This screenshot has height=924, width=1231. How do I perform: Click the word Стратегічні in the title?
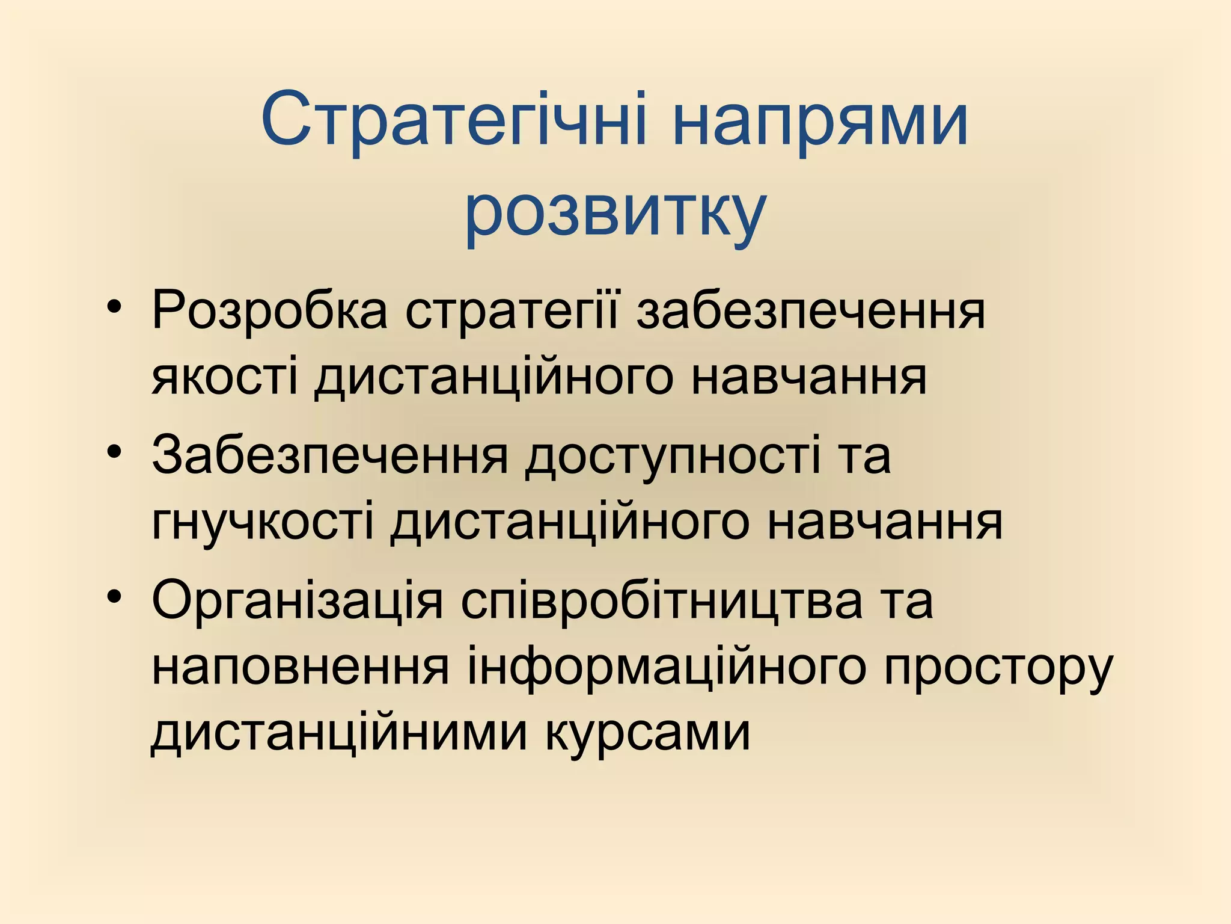454,120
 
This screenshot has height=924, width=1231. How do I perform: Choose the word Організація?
297,602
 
